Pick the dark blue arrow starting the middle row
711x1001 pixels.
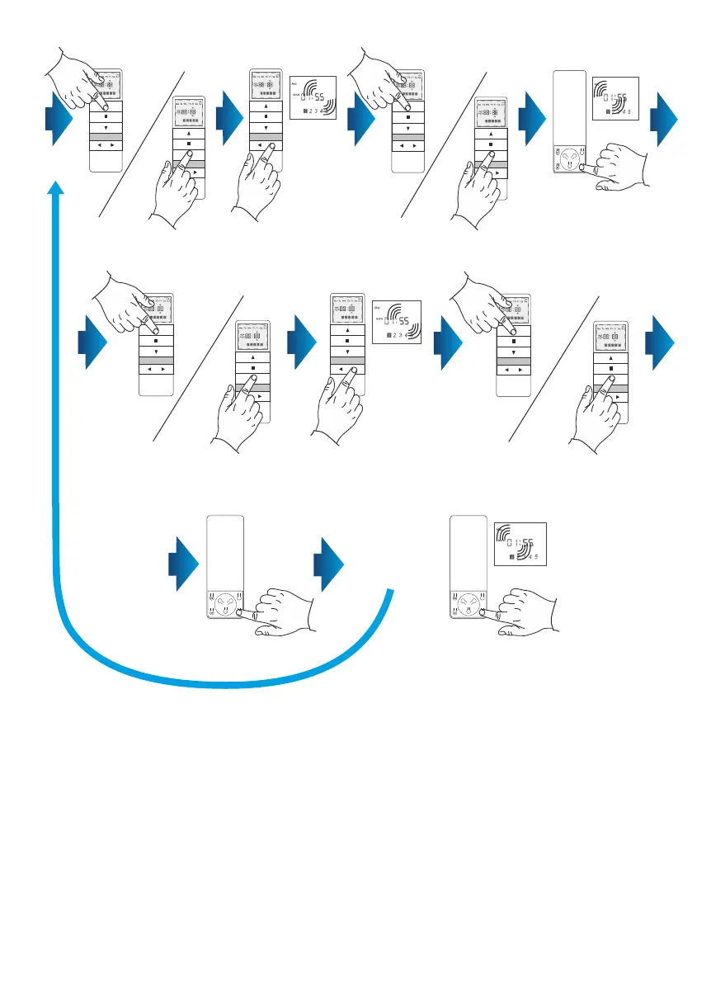(92, 340)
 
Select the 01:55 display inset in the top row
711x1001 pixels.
(615, 98)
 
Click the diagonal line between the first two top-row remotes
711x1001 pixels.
(140, 144)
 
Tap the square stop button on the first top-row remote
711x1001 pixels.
(106, 117)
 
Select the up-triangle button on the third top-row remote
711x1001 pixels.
(266, 107)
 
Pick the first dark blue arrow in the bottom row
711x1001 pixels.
(184, 564)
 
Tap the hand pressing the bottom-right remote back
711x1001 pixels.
(529, 611)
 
